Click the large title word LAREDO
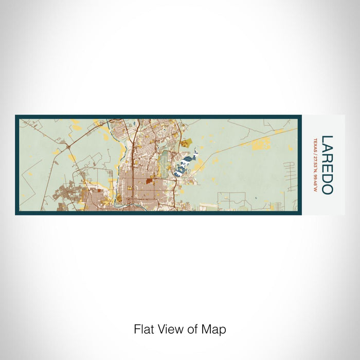pyautogui.click(x=327, y=165)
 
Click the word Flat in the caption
pyautogui.click(x=144, y=329)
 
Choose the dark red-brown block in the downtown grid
pyautogui.click(x=149, y=181)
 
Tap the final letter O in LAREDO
pyautogui.click(x=327, y=189)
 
